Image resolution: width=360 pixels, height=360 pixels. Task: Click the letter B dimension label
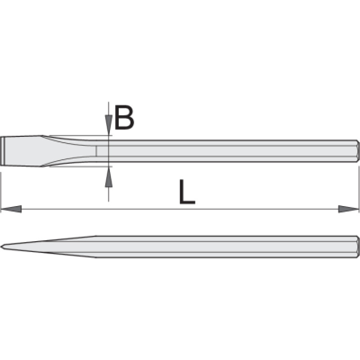[124, 117]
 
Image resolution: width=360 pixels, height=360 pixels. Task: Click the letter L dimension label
[187, 192]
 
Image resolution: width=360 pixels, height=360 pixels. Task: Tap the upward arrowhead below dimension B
[108, 177]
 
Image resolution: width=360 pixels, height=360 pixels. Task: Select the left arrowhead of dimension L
[11, 209]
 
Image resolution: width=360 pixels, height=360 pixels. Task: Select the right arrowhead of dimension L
[348, 209]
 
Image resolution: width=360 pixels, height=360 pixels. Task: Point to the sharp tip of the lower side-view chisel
[1, 247]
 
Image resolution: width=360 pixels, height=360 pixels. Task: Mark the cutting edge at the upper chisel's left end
[2, 151]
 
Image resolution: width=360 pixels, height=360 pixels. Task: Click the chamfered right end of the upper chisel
[357, 151]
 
